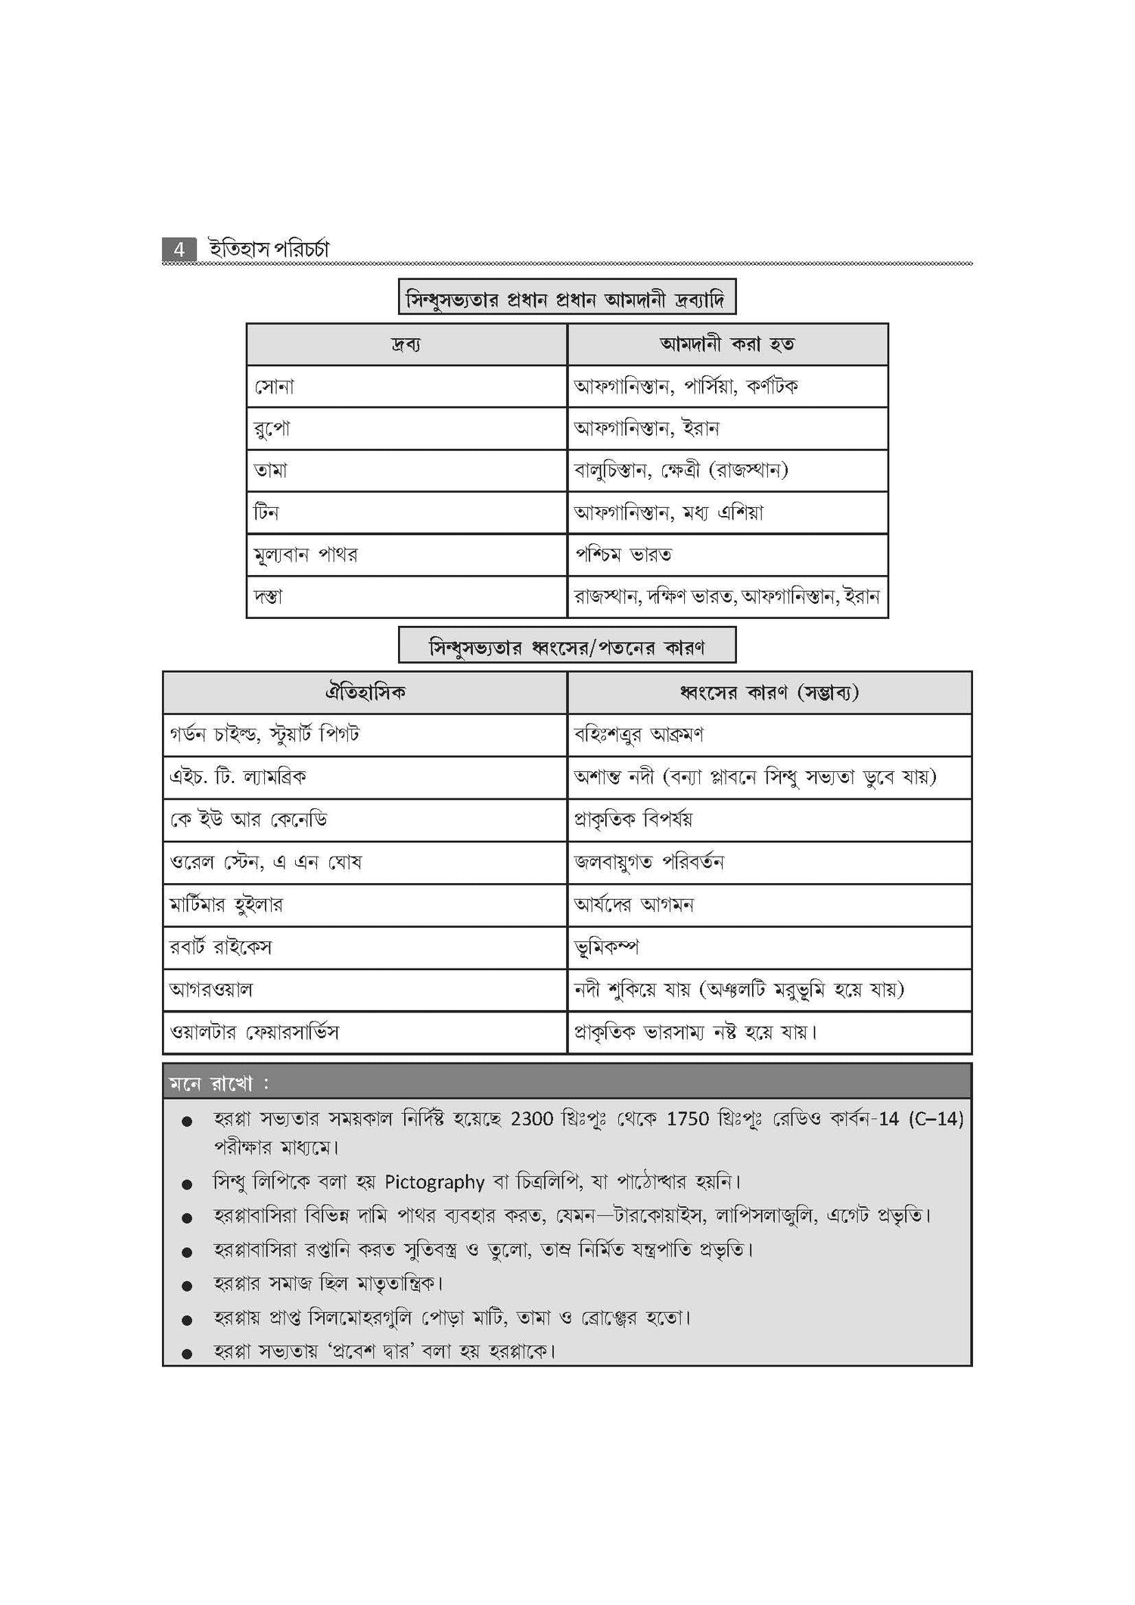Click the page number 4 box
[179, 250]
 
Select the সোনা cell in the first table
[274, 387]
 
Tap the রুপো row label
[272, 429]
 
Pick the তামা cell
[271, 471]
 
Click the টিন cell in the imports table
[266, 513]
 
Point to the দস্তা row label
[269, 597]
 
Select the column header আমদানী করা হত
[727, 344]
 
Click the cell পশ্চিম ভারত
[623, 555]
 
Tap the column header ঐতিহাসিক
[365, 692]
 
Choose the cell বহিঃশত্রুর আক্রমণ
[639, 735]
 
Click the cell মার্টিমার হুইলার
[226, 905]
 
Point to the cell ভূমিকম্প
[607, 947]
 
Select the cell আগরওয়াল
[211, 990]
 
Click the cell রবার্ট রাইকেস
[221, 947]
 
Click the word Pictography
[434, 1182]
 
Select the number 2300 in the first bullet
[532, 1119]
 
